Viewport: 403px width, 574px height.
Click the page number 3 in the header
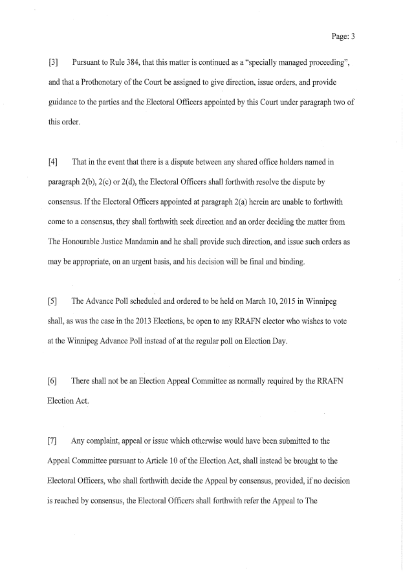(x=353, y=36)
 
